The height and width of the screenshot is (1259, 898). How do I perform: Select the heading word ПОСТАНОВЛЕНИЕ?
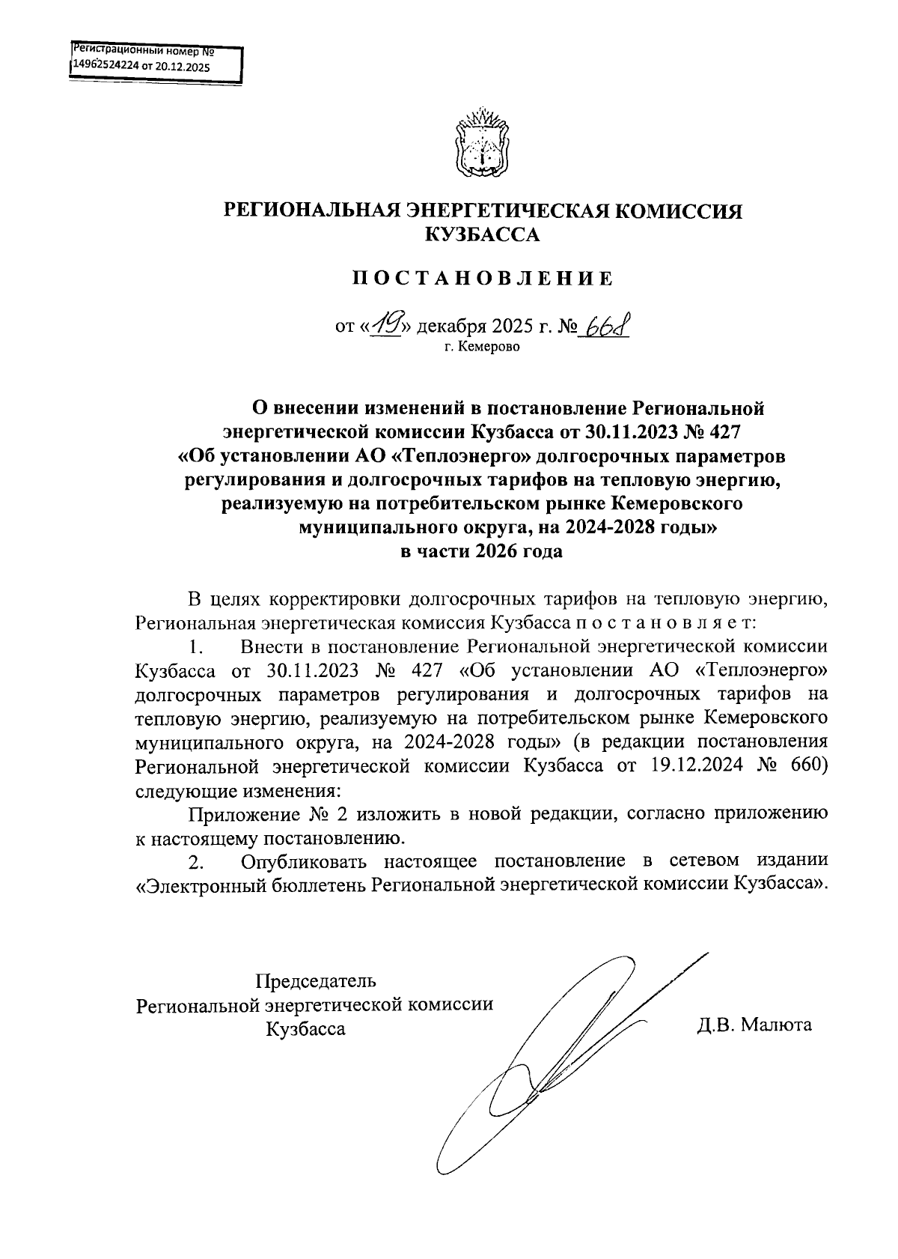pos(483,279)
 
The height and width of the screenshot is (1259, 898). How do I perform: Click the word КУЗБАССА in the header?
pos(483,236)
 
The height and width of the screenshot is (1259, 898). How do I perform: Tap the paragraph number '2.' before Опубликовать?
pos(196,862)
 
